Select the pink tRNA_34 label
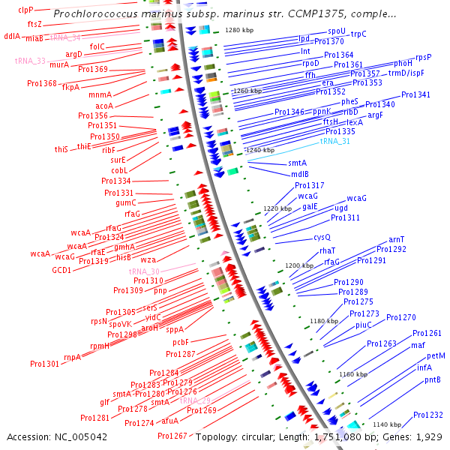point(65,37)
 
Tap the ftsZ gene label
point(34,24)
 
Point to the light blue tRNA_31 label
point(334,141)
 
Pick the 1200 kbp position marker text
point(299,265)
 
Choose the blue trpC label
point(358,34)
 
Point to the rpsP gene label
point(423,57)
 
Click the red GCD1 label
point(61,270)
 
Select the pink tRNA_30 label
point(144,271)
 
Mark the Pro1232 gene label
point(428,415)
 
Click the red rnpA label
point(72,357)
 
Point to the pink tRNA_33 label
point(30,61)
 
